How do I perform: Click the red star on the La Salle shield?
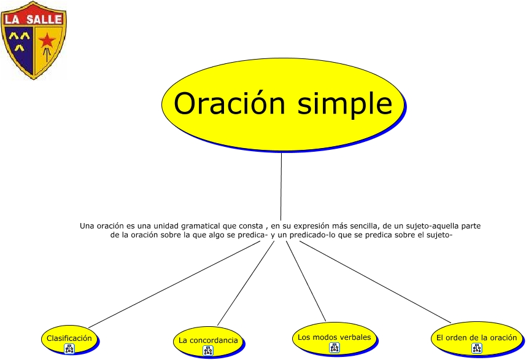pyautogui.click(x=47, y=41)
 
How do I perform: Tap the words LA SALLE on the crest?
pyautogui.click(x=34, y=19)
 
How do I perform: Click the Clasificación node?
pyautogui.click(x=70, y=340)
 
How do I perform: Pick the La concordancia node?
pyautogui.click(x=209, y=342)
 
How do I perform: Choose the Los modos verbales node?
pyautogui.click(x=335, y=339)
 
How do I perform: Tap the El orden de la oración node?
pyautogui.click(x=477, y=339)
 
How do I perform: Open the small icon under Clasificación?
pyautogui.click(x=69, y=349)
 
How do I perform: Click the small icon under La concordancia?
pyautogui.click(x=208, y=351)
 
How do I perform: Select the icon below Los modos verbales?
pyautogui.click(x=335, y=348)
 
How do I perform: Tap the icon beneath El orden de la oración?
pyautogui.click(x=477, y=348)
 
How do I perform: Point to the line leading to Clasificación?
pyautogui.click(x=174, y=284)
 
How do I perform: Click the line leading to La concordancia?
pyautogui.click(x=246, y=283)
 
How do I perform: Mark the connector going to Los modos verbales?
pyautogui.click(x=306, y=281)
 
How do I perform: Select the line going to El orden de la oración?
pyautogui.click(x=375, y=282)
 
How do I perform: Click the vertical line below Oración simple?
pyautogui.click(x=281, y=187)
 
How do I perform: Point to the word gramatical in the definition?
pyautogui.click(x=201, y=226)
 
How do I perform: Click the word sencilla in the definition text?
pyautogui.click(x=359, y=226)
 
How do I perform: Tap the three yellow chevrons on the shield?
pyautogui.click(x=19, y=41)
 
